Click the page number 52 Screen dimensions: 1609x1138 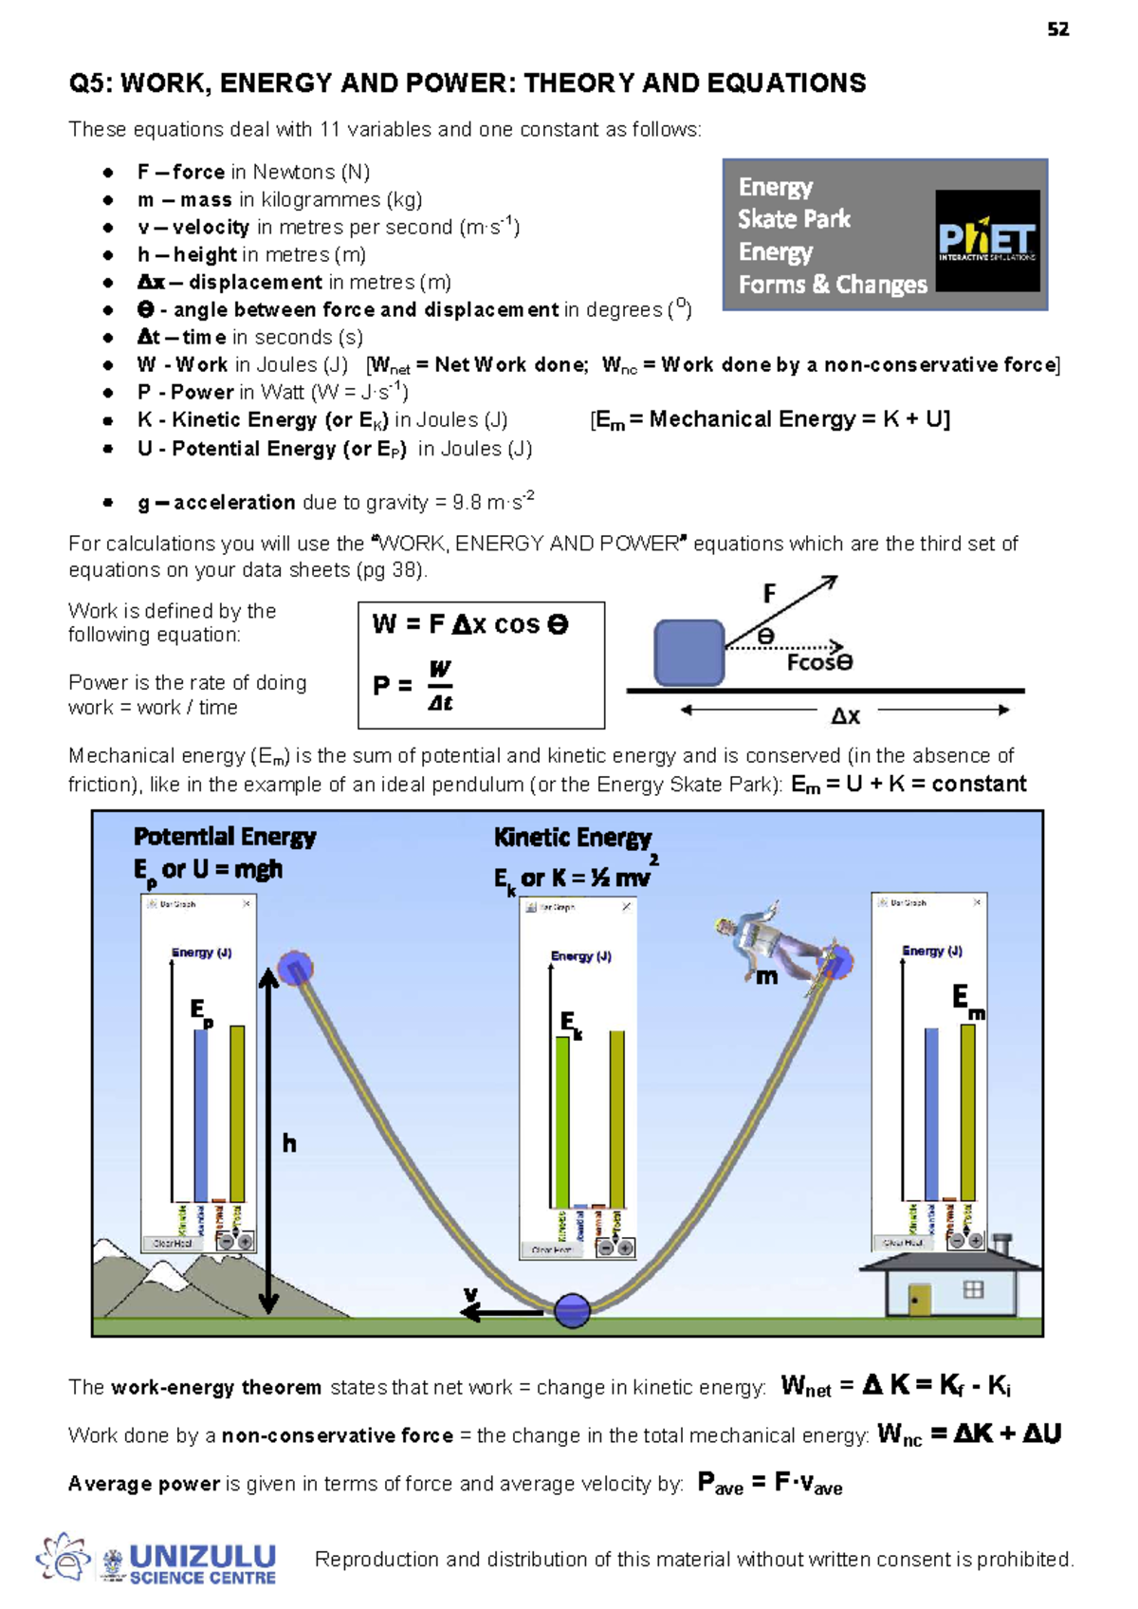tap(1057, 29)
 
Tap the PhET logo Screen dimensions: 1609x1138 tap(986, 240)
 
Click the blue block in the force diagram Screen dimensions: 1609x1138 tap(689, 653)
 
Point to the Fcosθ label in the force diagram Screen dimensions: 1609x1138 tap(819, 662)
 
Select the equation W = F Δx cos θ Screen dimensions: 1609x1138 tap(470, 624)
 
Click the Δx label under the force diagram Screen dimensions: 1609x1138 tap(845, 715)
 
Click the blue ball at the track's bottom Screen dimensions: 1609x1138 tap(572, 1310)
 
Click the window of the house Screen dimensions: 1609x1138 tap(973, 1289)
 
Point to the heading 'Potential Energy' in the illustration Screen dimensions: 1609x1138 tap(225, 837)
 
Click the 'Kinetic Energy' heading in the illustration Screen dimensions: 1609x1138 tap(573, 838)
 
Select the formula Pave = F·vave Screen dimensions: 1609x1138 tap(769, 1484)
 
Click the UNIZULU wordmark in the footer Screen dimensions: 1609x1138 tap(202, 1557)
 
